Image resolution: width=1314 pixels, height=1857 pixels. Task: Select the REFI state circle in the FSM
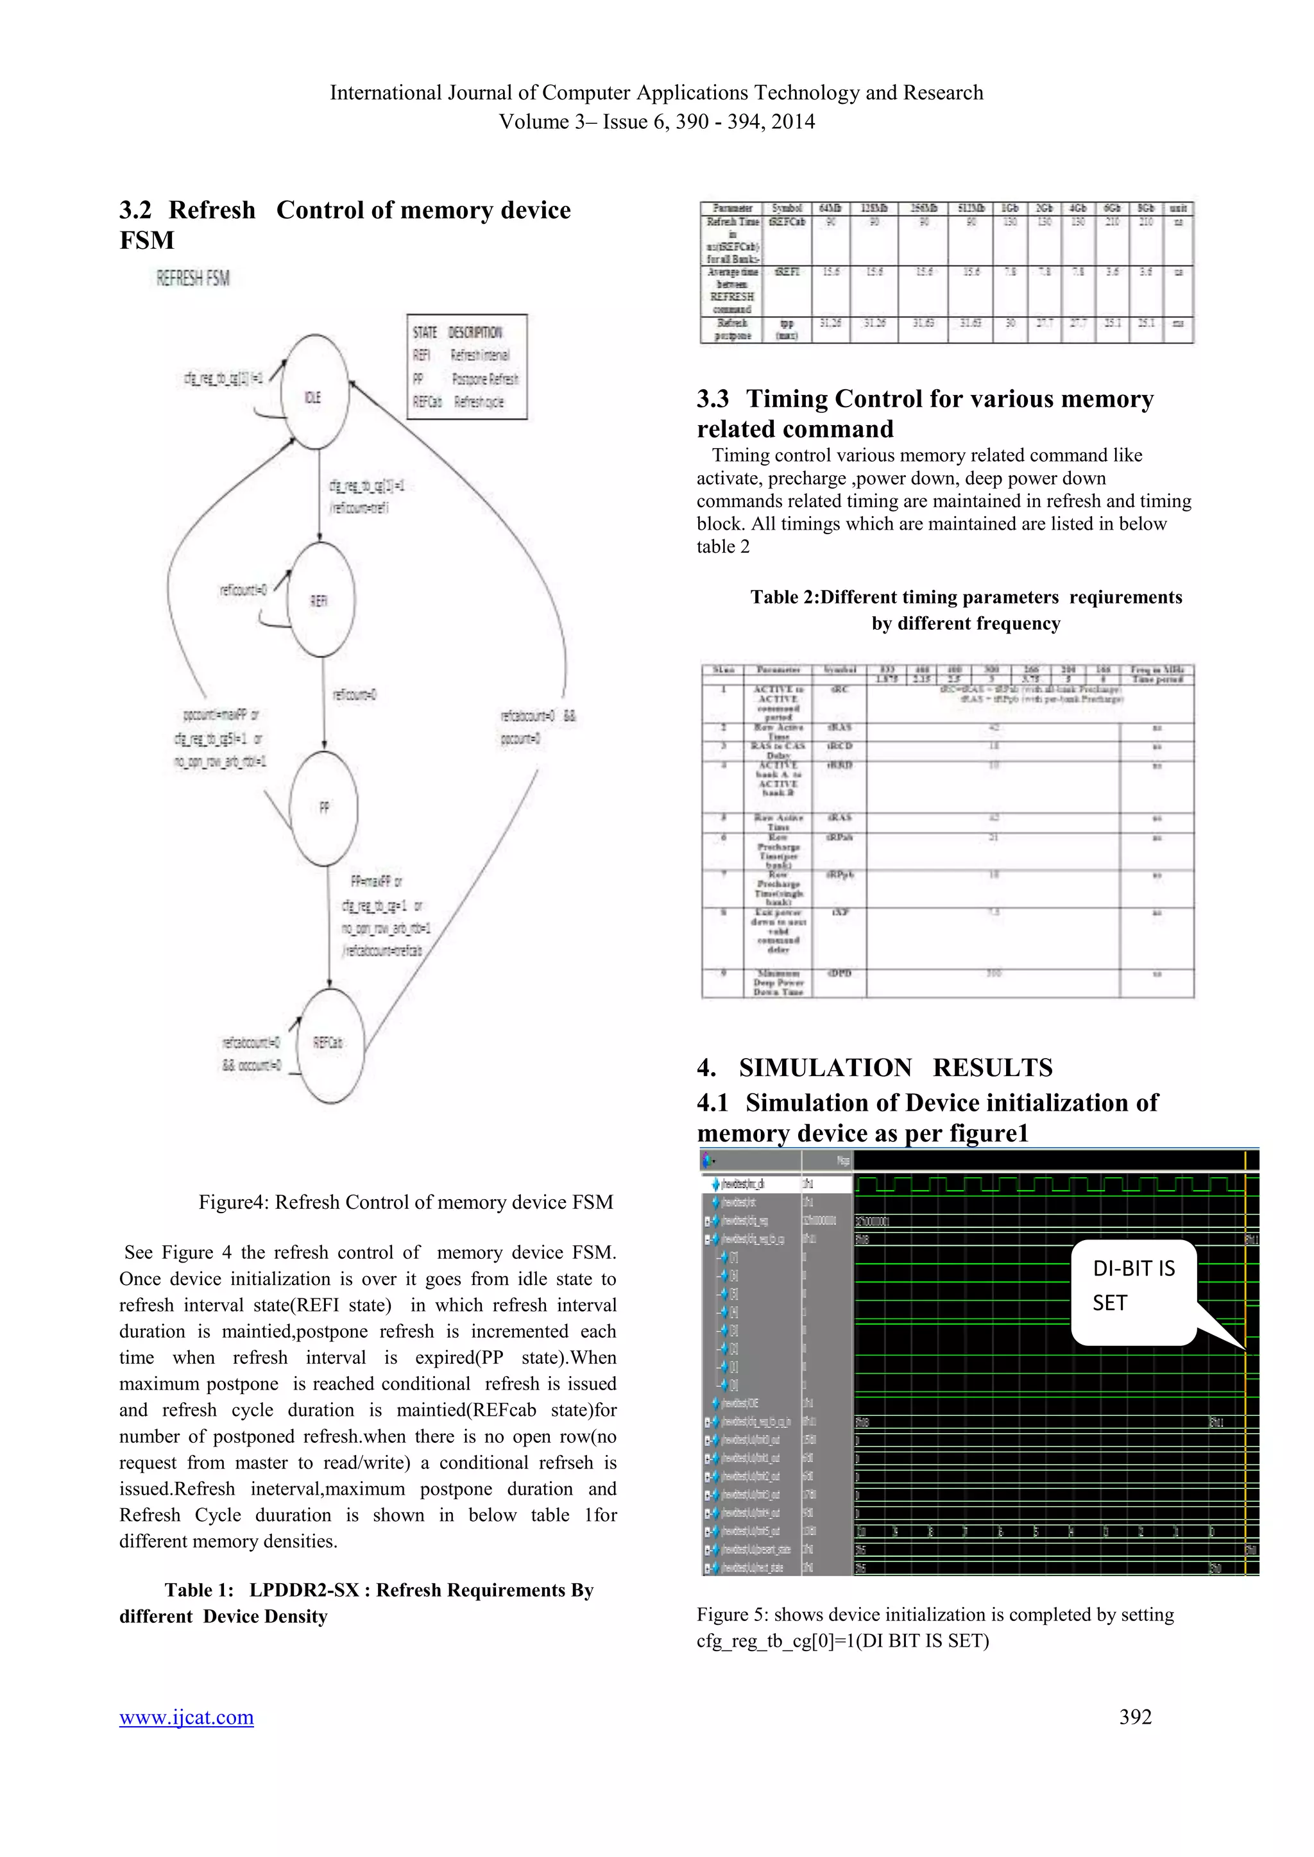pos(320,600)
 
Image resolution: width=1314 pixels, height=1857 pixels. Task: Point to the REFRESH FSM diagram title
pos(193,279)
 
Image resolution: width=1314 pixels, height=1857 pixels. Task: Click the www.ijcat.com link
pos(186,1717)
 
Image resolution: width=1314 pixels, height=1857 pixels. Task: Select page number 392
pos(1135,1717)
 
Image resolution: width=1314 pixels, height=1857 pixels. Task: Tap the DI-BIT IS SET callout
pos(1134,1286)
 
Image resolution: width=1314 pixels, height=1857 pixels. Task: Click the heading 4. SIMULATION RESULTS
pos(875,1068)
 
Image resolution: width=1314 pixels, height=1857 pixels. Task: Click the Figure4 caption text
pos(405,1203)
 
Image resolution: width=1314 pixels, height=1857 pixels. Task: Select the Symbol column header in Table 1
pos(786,208)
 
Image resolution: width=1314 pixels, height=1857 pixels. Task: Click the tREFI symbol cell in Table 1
pos(786,273)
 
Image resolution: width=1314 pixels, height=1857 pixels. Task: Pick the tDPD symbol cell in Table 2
pos(839,974)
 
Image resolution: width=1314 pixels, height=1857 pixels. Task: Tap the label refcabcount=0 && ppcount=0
pos(538,727)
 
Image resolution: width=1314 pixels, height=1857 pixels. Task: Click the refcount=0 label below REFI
pos(354,694)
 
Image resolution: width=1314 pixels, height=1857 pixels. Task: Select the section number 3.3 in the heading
pos(713,399)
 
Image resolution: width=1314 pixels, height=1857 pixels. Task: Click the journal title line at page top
pos(656,93)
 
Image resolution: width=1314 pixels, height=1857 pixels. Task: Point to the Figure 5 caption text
pos(935,1627)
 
